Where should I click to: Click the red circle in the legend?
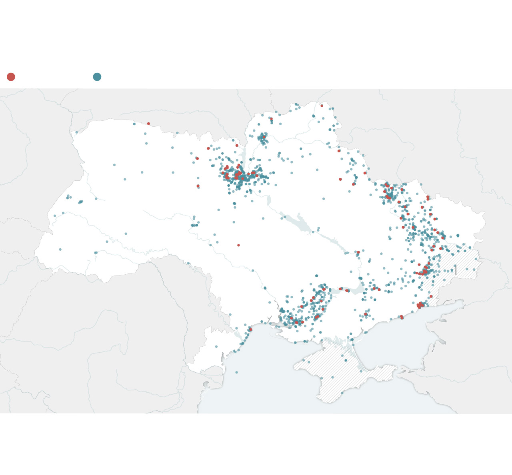(11, 77)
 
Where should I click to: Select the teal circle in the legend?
(97, 77)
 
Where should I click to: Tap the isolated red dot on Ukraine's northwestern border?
(148, 124)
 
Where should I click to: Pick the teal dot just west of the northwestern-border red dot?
(134, 124)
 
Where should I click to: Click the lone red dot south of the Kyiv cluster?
(238, 245)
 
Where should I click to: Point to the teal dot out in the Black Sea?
(236, 372)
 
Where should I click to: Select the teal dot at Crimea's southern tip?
(342, 393)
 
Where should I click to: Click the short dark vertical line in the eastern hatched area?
(455, 269)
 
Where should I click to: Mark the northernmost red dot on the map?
(322, 106)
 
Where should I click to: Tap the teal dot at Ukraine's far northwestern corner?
(76, 132)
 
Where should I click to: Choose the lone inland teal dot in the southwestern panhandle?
(216, 347)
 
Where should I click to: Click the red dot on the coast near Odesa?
(250, 329)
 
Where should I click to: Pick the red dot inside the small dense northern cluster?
(264, 137)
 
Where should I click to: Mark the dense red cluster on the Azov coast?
(420, 305)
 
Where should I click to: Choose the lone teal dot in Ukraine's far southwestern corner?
(60, 249)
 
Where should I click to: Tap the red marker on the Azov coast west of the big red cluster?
(402, 317)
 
